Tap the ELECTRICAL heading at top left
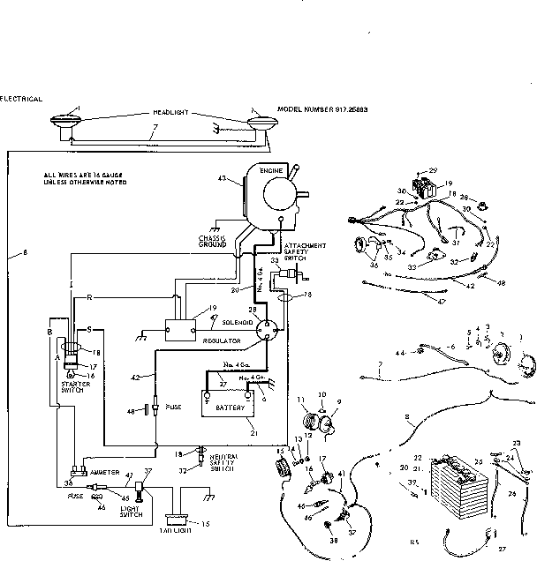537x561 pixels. [21, 98]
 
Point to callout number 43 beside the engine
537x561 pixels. [234, 180]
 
